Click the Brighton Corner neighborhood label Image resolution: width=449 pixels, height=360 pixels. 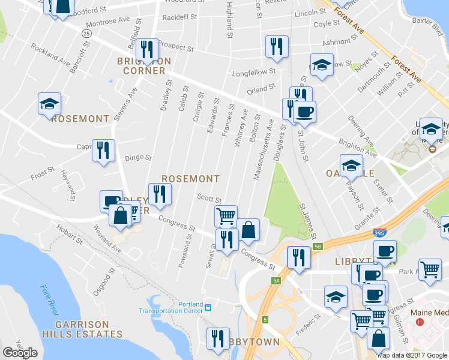point(144,65)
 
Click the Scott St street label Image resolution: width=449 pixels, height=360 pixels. point(209,198)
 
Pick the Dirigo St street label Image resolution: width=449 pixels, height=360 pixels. point(138,157)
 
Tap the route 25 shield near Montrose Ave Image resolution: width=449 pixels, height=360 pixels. point(87,34)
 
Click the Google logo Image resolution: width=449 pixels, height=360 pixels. point(20,353)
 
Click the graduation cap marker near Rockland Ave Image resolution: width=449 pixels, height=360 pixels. point(49,103)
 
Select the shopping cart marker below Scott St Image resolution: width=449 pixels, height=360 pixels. point(226,215)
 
